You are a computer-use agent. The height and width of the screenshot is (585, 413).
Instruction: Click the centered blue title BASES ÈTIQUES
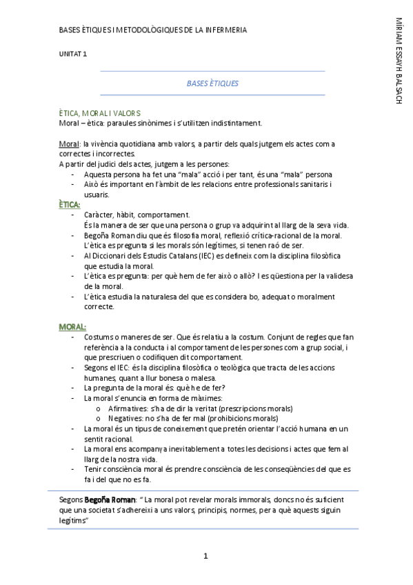point(212,83)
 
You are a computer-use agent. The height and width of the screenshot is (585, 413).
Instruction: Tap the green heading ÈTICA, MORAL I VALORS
point(100,112)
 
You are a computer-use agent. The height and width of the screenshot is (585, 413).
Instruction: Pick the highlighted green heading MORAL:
point(72,326)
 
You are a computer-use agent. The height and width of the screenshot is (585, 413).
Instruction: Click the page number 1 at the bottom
point(205,556)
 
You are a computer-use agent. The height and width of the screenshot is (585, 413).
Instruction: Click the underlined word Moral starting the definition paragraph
point(69,143)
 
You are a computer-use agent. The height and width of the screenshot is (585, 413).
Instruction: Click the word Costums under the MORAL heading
point(99,337)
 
